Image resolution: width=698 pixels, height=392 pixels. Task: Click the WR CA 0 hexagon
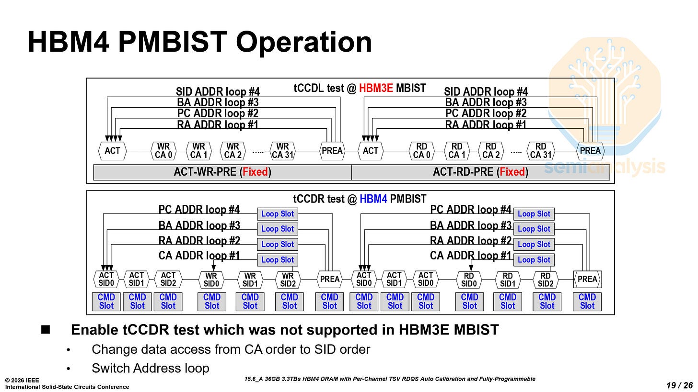tap(163, 151)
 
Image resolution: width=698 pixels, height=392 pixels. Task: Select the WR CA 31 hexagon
tap(283, 151)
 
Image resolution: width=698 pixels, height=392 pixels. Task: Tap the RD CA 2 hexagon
tap(491, 151)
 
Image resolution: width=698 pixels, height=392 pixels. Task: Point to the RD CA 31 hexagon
tap(541, 151)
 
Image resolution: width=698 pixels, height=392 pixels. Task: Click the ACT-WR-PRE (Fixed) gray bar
tap(222, 172)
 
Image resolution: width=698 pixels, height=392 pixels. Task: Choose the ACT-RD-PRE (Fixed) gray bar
tap(480, 172)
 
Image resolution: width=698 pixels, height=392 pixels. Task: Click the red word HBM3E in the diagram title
tap(376, 88)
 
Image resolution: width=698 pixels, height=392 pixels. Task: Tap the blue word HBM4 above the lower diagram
tap(373, 199)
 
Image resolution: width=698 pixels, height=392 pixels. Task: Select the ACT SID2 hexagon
tap(168, 279)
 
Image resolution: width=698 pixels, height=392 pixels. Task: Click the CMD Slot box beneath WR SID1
tap(250, 302)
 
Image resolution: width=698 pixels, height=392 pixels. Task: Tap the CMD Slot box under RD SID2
tap(547, 302)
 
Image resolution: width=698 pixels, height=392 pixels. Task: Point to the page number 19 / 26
tap(679, 385)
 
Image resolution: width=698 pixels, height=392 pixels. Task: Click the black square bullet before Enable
tap(46, 329)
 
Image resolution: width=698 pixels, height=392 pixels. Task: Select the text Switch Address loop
tap(151, 368)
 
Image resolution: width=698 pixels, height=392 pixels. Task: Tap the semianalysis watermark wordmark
tap(604, 167)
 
